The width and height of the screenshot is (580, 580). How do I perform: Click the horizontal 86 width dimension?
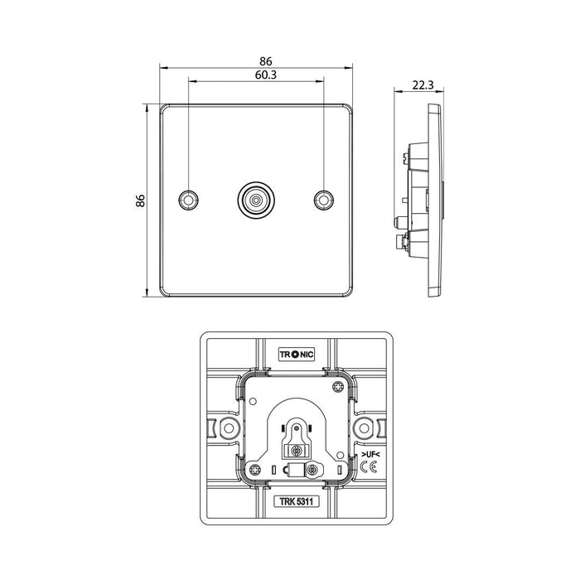(x=265, y=60)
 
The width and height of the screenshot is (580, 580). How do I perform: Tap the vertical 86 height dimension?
(x=141, y=200)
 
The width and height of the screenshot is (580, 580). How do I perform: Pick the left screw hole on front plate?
(x=189, y=200)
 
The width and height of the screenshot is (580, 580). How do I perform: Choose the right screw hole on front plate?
(x=323, y=200)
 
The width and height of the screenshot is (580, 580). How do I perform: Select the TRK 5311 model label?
(x=296, y=501)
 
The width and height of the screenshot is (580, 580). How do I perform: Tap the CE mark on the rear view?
(x=370, y=469)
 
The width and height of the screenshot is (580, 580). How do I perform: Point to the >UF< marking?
(x=370, y=456)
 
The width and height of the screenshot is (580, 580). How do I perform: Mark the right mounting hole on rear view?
(x=362, y=428)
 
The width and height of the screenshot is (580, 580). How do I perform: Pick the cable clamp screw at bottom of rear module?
(x=312, y=470)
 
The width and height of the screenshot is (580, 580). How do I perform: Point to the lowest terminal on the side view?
(x=404, y=242)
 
